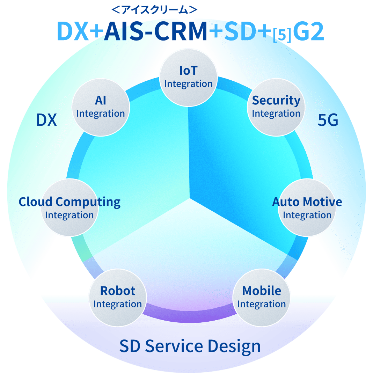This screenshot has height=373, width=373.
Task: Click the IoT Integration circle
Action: (188, 78)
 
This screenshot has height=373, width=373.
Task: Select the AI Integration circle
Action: (101, 107)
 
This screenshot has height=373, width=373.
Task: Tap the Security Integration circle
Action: (276, 107)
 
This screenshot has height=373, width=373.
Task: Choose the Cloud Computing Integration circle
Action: (70, 208)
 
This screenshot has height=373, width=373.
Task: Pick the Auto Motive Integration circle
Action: (307, 208)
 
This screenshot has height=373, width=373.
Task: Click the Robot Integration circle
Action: (117, 297)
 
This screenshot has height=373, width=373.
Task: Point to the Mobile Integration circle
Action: (262, 297)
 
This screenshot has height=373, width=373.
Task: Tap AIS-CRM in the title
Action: (155, 32)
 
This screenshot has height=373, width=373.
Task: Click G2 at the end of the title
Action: (308, 32)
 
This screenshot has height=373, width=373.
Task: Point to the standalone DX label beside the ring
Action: (46, 120)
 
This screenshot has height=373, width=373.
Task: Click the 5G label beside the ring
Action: (328, 120)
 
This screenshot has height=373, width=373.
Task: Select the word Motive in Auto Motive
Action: (323, 202)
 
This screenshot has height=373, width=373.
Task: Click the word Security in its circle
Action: (276, 101)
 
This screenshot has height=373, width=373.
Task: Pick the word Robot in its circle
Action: (117, 291)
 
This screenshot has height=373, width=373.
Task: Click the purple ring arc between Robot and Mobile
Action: (190, 315)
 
